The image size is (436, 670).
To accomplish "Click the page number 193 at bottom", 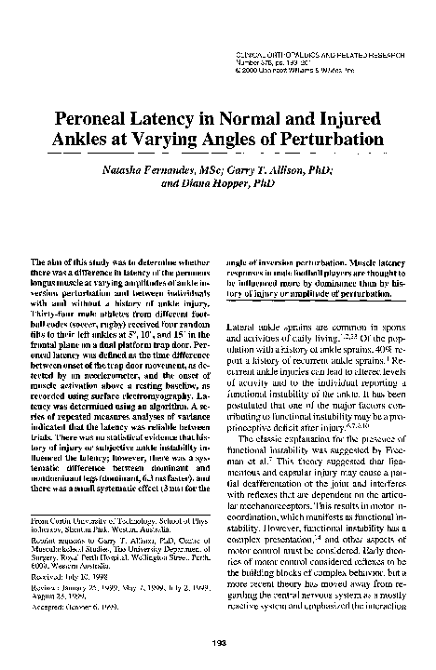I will (x=217, y=641).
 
